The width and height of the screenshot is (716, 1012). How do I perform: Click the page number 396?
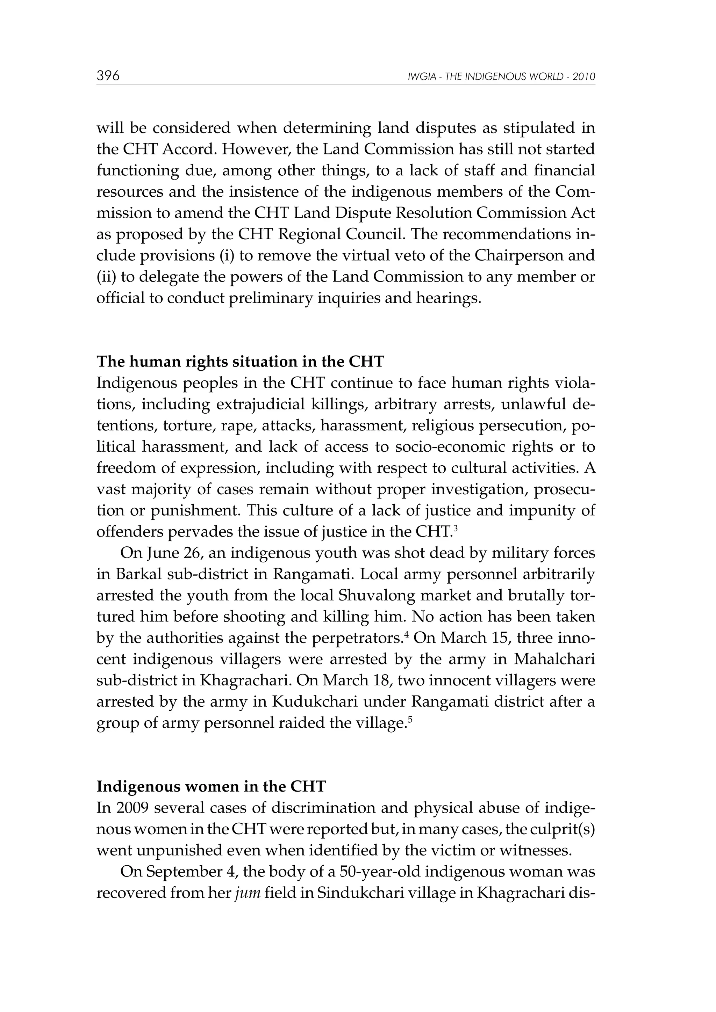(x=108, y=76)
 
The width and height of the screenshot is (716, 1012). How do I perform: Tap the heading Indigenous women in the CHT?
(x=211, y=787)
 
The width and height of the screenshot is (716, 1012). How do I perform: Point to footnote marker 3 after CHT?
(x=455, y=529)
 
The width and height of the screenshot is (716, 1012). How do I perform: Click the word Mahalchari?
(x=554, y=660)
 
